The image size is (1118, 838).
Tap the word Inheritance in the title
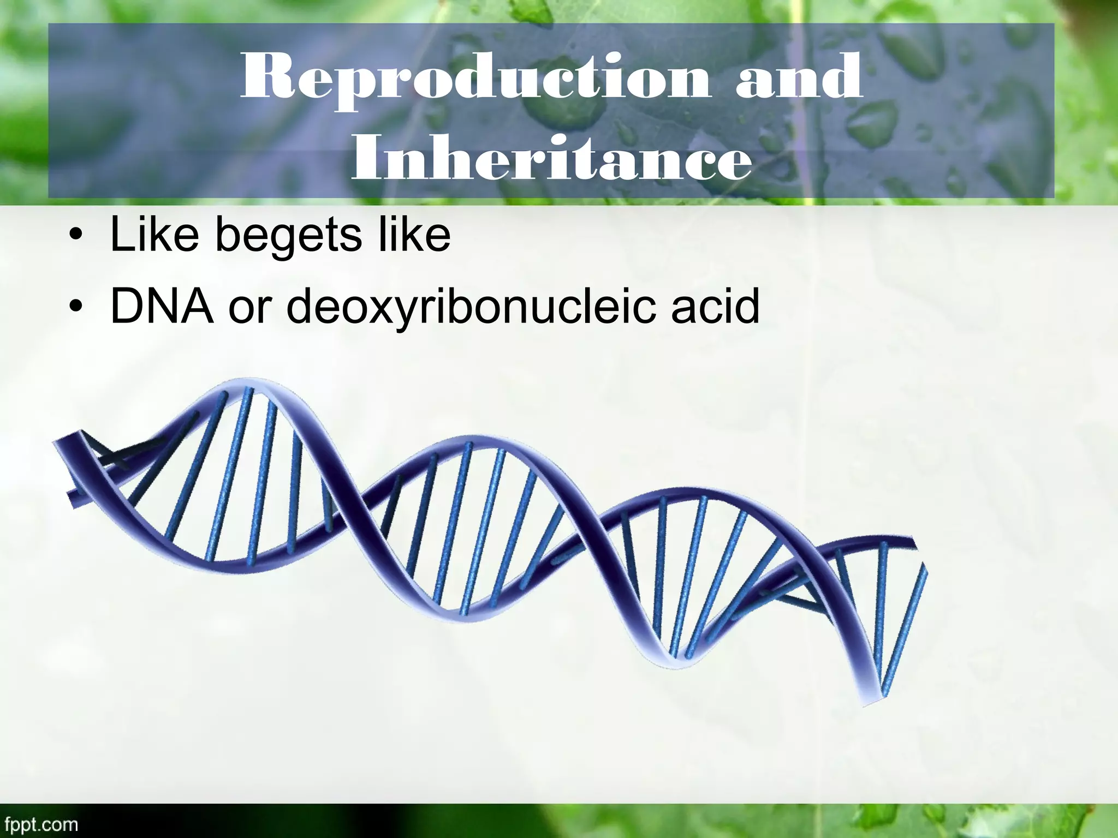click(x=551, y=158)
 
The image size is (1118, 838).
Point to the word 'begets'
click(x=289, y=235)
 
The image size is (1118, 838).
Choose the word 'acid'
click(x=715, y=307)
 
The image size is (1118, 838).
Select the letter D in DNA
click(x=127, y=307)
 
